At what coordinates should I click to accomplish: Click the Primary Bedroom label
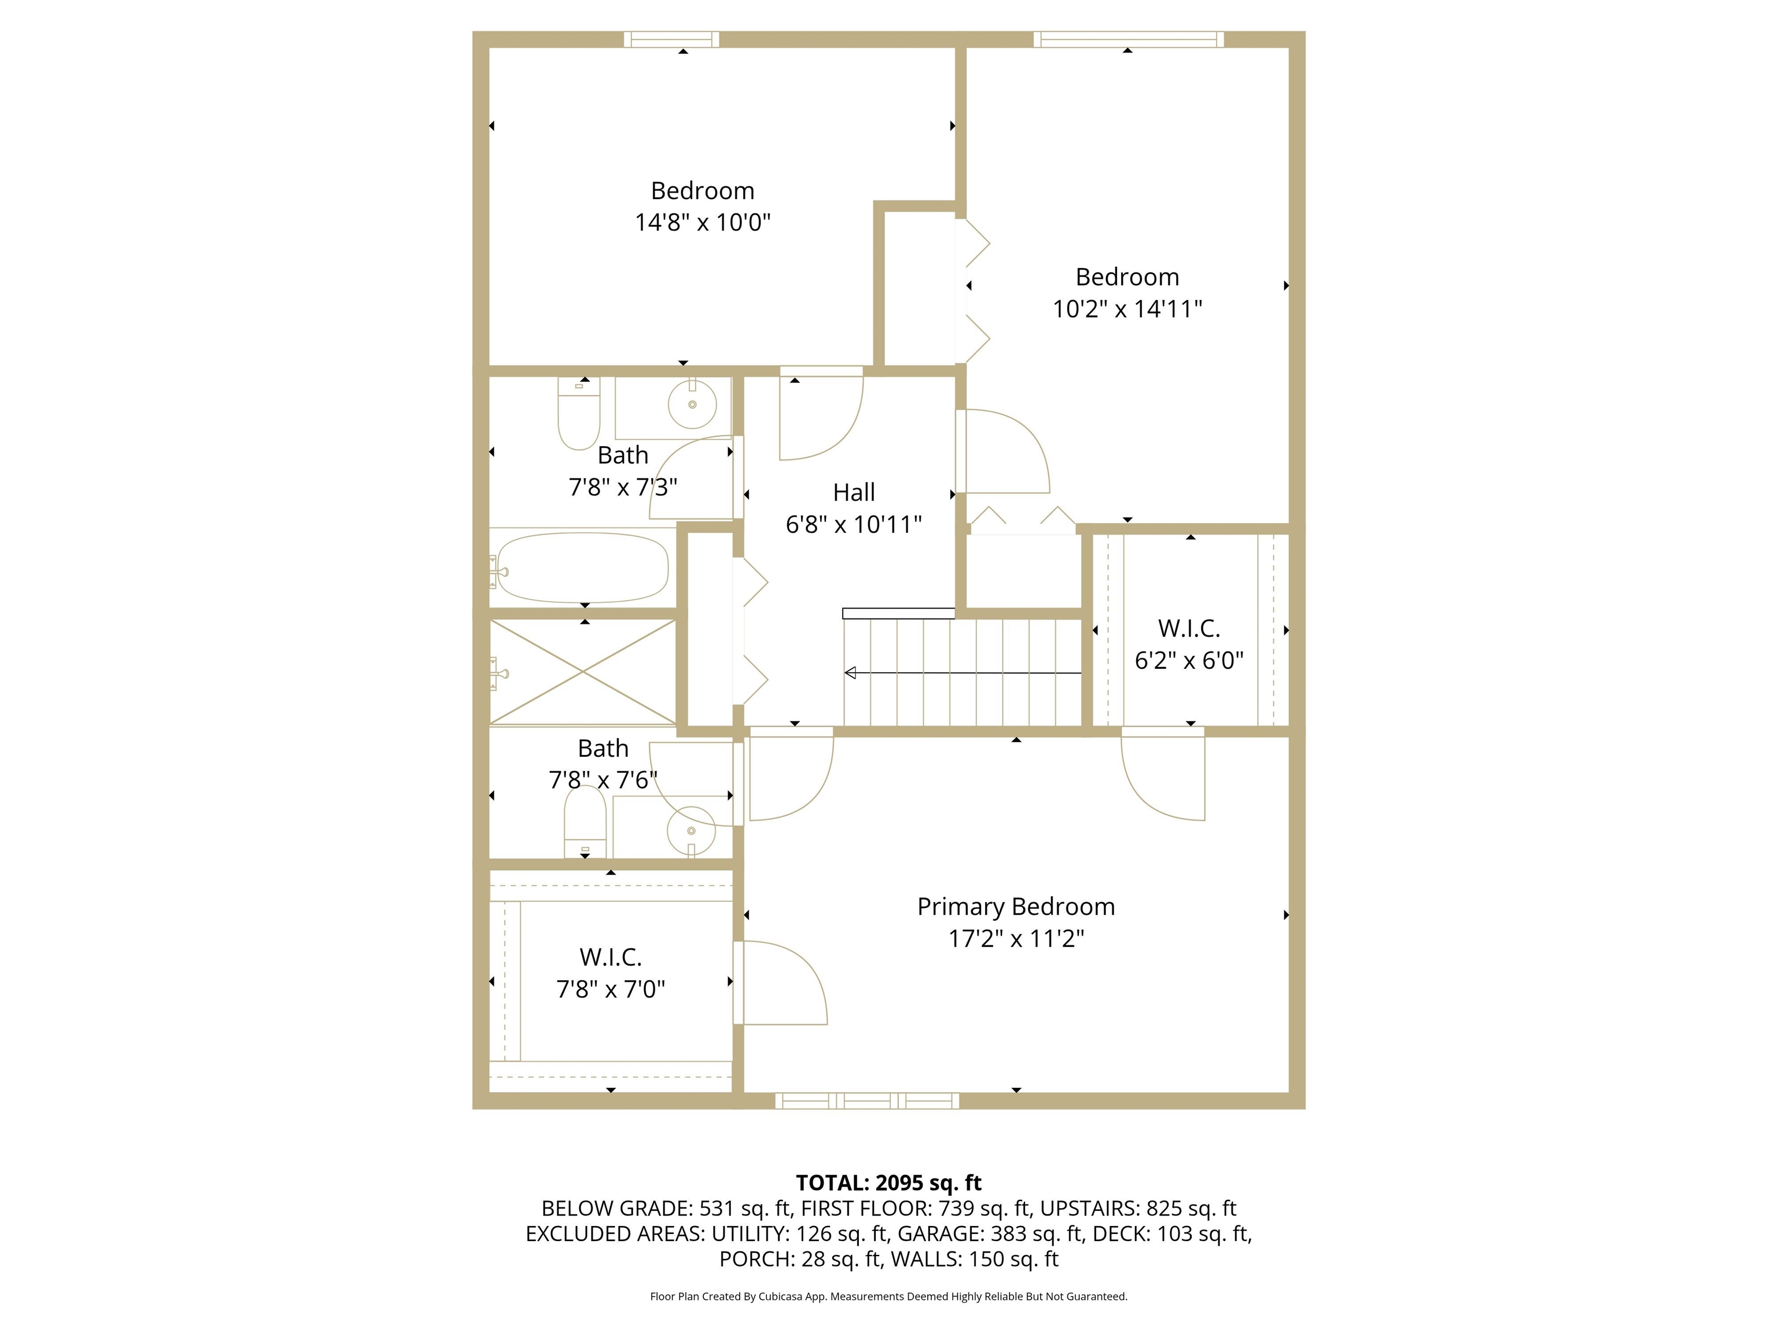1016,907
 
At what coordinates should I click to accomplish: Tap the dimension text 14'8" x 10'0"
703,223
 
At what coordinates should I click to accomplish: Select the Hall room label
854,492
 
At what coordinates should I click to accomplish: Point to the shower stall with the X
583,671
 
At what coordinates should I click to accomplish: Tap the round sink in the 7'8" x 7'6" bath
691,830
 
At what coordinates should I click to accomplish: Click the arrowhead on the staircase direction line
850,672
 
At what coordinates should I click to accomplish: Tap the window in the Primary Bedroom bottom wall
866,1101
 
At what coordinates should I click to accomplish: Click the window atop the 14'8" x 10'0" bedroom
671,39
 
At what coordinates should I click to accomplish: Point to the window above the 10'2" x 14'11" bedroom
1129,39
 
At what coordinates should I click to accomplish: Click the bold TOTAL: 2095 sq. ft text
888,1183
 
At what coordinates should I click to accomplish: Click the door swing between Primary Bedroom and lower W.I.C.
784,982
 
